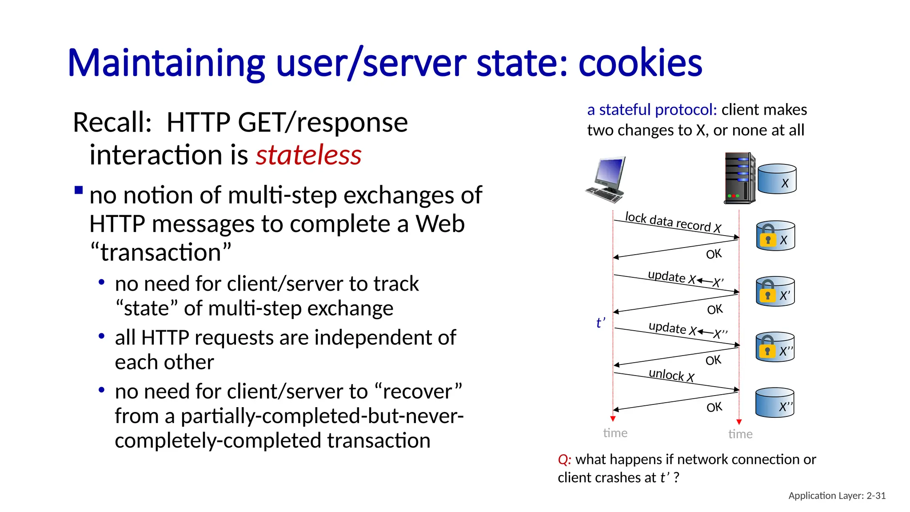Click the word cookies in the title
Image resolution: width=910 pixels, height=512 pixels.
(640, 63)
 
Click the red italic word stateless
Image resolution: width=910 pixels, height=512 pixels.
(308, 155)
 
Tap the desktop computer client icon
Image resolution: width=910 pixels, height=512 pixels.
(606, 179)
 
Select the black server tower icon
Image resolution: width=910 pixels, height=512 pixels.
(739, 178)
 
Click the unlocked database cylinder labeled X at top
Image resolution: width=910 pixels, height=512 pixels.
(777, 179)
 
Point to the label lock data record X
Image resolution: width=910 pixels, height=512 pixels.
(673, 222)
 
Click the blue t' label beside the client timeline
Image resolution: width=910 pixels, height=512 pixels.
(600, 323)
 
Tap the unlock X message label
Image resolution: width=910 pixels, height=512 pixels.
(671, 375)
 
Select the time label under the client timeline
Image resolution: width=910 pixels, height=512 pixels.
(615, 433)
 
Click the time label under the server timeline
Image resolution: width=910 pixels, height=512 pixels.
(740, 434)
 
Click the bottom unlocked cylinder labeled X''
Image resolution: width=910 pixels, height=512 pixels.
(774, 403)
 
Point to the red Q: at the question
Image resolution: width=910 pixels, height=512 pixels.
(564, 460)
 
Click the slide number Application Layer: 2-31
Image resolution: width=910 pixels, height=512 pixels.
(837, 496)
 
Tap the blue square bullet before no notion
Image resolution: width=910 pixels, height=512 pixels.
(79, 191)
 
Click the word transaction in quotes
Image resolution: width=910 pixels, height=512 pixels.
(160, 252)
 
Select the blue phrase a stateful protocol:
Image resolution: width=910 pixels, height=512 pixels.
(651, 110)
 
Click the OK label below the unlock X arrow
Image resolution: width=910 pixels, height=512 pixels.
(714, 407)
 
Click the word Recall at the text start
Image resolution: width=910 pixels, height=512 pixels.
(112, 123)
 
